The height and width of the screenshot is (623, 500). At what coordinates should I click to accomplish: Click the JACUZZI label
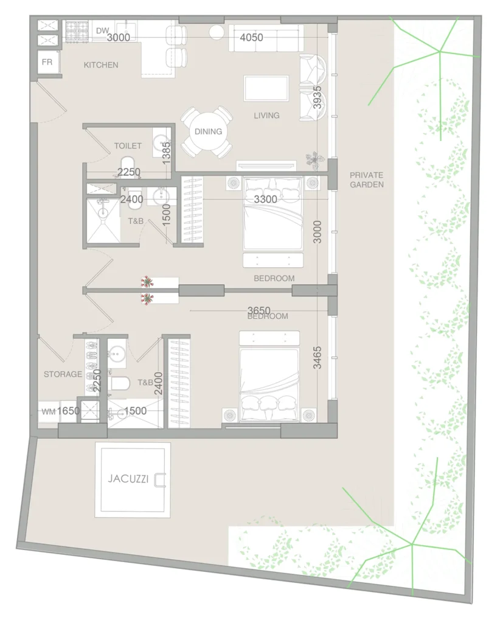128,479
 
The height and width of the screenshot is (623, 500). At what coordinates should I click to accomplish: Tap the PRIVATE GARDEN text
367,180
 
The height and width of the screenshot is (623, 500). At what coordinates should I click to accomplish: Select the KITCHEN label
101,64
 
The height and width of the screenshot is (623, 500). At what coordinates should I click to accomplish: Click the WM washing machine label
49,412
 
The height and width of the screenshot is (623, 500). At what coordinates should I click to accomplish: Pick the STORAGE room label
63,374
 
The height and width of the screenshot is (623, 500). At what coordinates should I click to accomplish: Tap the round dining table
208,131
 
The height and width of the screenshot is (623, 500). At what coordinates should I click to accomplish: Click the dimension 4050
251,37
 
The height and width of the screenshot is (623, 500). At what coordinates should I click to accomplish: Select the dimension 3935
317,97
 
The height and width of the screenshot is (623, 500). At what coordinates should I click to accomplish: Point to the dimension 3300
265,199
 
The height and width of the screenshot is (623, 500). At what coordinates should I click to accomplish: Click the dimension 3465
317,358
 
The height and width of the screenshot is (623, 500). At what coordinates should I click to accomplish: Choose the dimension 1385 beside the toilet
167,153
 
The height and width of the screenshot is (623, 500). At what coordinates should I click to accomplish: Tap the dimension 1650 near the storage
68,411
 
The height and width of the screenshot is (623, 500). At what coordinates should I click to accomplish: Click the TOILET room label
128,146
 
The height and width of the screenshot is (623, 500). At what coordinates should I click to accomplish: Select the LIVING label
266,116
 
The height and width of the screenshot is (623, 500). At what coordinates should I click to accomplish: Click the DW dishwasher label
102,30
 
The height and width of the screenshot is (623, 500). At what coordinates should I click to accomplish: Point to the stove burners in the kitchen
77,31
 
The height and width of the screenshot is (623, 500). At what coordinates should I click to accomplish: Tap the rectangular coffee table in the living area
266,88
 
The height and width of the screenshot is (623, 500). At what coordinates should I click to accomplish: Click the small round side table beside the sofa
217,32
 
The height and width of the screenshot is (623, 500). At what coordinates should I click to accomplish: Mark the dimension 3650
259,310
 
